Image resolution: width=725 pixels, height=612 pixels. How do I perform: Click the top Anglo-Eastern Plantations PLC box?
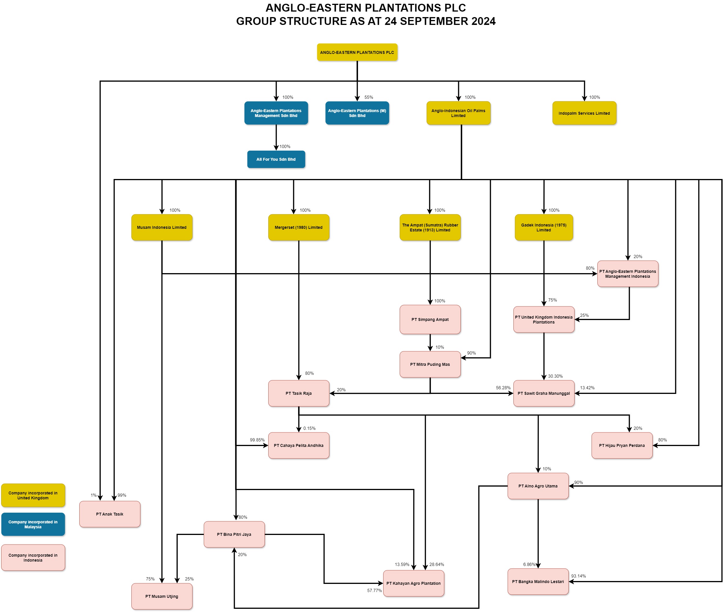tap(357, 52)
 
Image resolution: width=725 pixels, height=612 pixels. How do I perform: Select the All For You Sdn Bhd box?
tap(276, 159)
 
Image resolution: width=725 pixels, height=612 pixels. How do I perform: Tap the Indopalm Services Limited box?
tap(584, 113)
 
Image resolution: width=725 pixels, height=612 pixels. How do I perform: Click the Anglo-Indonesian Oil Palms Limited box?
tap(458, 113)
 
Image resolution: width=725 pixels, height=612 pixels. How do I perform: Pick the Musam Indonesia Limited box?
tap(161, 227)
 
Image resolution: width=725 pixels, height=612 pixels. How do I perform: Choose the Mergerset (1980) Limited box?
tap(298, 227)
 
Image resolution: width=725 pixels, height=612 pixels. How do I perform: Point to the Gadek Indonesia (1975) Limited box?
tap(544, 227)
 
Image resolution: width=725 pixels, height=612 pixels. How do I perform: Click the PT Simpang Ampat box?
tap(430, 319)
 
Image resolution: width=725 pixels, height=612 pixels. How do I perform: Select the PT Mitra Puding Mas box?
tap(430, 364)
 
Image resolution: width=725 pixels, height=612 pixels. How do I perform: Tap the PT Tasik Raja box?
tap(298, 393)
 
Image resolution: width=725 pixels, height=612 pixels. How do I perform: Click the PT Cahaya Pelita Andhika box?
tap(298, 445)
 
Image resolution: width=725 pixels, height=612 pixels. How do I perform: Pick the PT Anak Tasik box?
tap(110, 514)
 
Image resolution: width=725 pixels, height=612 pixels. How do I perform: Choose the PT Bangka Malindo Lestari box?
tap(538, 582)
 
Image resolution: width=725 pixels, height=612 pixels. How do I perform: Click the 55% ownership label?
tap(368, 97)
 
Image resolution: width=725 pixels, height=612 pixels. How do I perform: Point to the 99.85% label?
tap(257, 440)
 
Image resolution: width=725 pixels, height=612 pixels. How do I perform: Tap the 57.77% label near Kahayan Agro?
tap(375, 591)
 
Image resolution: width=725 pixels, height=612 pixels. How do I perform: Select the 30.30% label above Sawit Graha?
tap(555, 376)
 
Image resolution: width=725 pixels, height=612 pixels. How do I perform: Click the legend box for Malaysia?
tap(33, 524)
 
